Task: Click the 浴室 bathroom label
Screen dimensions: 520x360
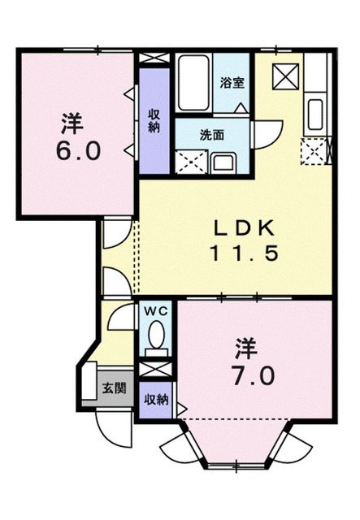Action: pyautogui.click(x=232, y=82)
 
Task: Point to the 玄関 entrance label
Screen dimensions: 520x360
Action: pyautogui.click(x=114, y=388)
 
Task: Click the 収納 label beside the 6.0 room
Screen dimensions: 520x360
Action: pyautogui.click(x=154, y=121)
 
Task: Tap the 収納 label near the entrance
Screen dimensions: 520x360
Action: pyautogui.click(x=156, y=400)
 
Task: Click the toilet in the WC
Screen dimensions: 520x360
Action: pyautogui.click(x=156, y=337)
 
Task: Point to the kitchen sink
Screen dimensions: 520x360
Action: pyautogui.click(x=315, y=113)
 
